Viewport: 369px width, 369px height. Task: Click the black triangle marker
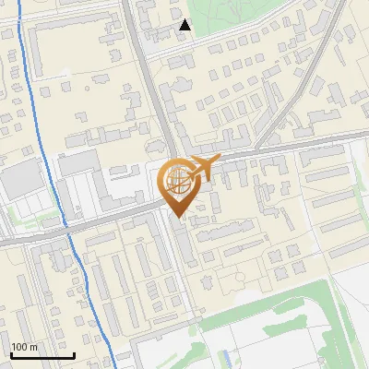[185, 25]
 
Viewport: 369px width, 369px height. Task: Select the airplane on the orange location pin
[203, 167]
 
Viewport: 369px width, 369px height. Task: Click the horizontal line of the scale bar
[42, 355]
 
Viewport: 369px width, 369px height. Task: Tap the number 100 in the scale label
[19, 348]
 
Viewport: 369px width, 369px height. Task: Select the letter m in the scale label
[33, 348]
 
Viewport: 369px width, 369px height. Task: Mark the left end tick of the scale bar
[11, 353]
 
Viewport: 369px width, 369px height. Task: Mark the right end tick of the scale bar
[74, 353]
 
